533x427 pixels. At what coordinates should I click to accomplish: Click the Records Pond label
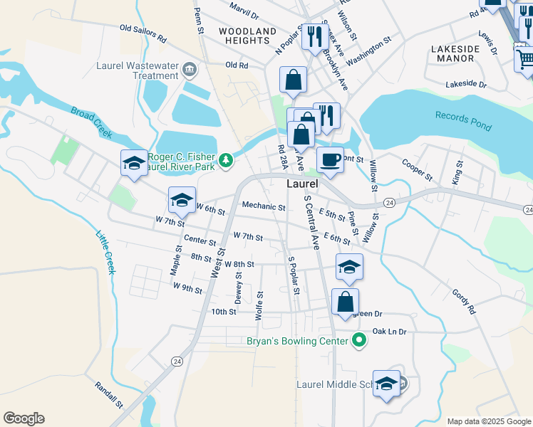[462, 120]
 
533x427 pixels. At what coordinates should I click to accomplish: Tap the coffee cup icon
[330, 159]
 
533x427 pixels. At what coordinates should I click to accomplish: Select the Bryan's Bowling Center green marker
[360, 341]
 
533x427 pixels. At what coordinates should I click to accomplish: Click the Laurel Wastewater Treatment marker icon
[190, 69]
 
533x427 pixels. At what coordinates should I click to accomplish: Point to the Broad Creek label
[91, 122]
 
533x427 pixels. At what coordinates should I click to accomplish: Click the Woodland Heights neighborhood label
[247, 36]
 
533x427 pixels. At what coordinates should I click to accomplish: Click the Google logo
[24, 418]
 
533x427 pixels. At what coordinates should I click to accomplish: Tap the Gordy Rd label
[463, 302]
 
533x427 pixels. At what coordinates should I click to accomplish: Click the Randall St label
[109, 394]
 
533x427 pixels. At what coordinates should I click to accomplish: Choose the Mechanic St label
[264, 206]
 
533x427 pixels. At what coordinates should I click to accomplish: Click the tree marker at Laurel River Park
[226, 159]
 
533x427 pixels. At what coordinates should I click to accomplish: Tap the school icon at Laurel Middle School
[386, 384]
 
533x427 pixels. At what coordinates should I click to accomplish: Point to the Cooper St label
[417, 169]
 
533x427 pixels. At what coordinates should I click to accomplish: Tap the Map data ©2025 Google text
[488, 421]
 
